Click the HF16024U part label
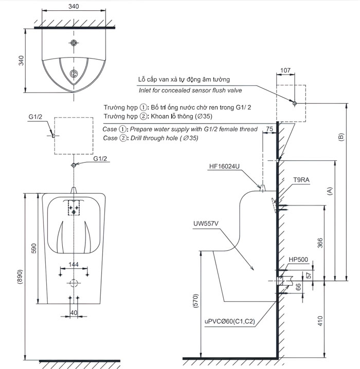click(225, 167)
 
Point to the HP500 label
click(298, 260)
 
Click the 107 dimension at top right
click(286, 70)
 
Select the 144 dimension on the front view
click(74, 264)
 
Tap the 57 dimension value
click(308, 274)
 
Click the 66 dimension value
click(297, 287)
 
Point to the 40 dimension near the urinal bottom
click(74, 312)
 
